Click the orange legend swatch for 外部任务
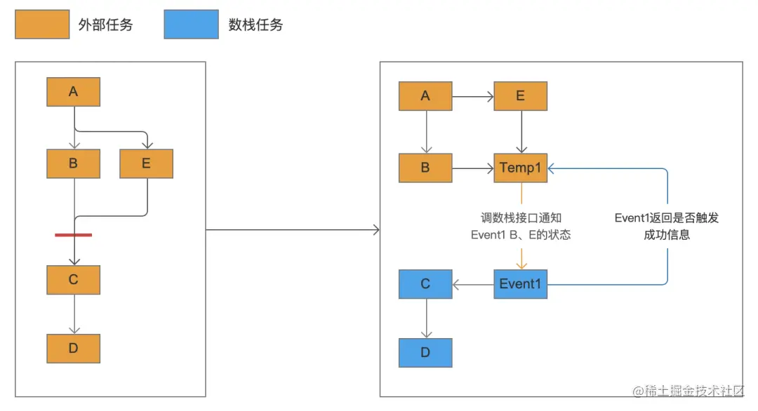pos(42,25)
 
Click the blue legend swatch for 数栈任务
pos(191,25)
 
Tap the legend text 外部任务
pos(106,25)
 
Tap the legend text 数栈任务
pos(255,25)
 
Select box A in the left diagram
pos(74,92)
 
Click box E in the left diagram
pos(146,164)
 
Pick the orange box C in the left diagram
pos(74,280)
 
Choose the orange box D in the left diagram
pos(74,348)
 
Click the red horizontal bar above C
pos(74,235)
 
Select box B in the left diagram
pos(74,164)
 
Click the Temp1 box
pos(520,168)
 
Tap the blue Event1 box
pos(520,284)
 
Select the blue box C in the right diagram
pos(425,284)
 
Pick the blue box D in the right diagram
pos(425,353)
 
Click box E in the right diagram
pos(520,96)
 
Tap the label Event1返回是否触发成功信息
pos(667,227)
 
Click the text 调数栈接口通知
pos(521,218)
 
